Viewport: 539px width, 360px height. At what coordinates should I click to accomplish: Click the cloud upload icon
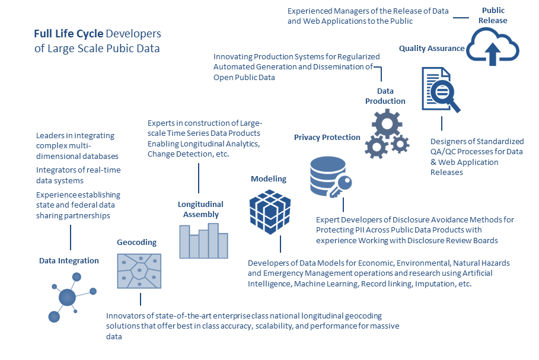pos(492,47)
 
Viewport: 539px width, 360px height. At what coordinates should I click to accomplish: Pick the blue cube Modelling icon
pos(270,211)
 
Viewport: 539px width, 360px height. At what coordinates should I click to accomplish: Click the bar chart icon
pos(203,240)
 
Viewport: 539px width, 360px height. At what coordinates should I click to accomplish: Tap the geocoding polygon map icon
pos(139,271)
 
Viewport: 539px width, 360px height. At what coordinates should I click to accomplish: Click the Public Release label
pos(493,15)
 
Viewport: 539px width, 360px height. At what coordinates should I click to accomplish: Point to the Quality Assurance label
pos(432,48)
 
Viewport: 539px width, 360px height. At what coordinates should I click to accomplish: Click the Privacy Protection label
pos(327,137)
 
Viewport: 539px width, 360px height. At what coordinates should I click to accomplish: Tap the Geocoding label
pos(136,242)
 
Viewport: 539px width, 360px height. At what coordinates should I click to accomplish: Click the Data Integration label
pos(69,260)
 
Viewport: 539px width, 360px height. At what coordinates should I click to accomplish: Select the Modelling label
pos(268,179)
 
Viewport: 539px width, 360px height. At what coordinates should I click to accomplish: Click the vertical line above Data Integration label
pos(71,238)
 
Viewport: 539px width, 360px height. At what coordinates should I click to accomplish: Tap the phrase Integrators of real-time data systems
pos(78,175)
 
